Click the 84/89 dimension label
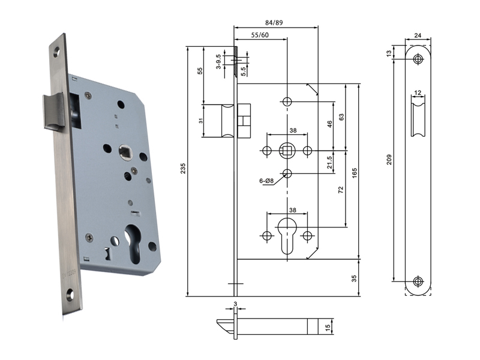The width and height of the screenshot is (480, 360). click(x=275, y=22)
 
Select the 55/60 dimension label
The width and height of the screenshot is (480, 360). click(x=260, y=35)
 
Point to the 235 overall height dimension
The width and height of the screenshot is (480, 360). click(x=181, y=170)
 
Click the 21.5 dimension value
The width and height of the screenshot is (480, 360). click(x=331, y=162)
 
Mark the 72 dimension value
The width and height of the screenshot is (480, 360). click(x=340, y=190)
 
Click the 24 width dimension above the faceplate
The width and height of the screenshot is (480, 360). click(x=418, y=35)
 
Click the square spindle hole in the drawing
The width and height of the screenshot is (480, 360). click(x=287, y=149)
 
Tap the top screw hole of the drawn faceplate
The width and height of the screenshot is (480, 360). click(x=418, y=58)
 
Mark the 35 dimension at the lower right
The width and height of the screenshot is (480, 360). click(x=354, y=278)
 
